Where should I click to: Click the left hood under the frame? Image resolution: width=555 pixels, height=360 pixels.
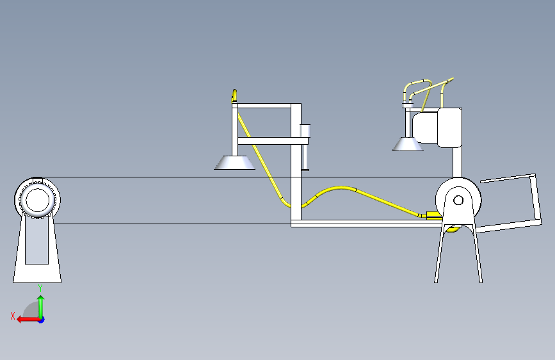[234, 163]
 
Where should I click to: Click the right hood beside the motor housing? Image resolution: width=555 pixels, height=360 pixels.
[408, 145]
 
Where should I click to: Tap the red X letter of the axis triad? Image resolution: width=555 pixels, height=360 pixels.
[12, 316]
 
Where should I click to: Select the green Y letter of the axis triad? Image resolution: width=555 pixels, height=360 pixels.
[40, 288]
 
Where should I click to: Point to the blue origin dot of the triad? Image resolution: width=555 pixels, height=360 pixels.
[40, 319]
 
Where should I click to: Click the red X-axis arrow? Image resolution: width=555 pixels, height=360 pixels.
[26, 319]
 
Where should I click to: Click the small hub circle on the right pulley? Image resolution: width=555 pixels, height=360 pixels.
[458, 200]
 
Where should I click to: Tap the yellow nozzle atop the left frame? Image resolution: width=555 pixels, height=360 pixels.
[234, 96]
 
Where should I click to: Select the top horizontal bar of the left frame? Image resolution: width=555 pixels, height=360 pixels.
[265, 105]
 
